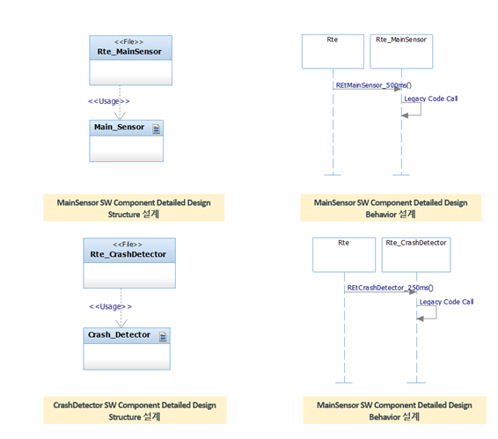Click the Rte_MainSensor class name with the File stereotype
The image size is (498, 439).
[129, 51]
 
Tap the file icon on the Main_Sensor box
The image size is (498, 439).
[157, 129]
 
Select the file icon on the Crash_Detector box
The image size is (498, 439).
[163, 337]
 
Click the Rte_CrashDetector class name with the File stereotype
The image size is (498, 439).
[128, 254]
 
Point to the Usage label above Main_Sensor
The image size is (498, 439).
[109, 101]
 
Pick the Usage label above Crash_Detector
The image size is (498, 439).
[111, 306]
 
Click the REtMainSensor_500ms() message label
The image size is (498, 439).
[373, 85]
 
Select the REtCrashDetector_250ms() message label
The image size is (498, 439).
[390, 288]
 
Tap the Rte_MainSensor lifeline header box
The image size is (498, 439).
[401, 51]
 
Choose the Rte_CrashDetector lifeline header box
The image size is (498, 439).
[416, 255]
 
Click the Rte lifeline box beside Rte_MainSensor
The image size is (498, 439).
[333, 51]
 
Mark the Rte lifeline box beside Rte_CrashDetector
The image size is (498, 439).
[344, 255]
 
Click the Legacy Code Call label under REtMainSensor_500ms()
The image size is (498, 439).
[430, 99]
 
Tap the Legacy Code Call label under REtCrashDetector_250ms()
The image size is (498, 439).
[446, 302]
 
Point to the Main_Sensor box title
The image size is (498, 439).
[119, 127]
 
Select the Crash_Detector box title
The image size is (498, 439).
[119, 335]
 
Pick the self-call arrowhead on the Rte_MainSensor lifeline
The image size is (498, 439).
[405, 115]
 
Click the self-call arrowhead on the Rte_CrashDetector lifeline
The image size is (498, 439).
[420, 318]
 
